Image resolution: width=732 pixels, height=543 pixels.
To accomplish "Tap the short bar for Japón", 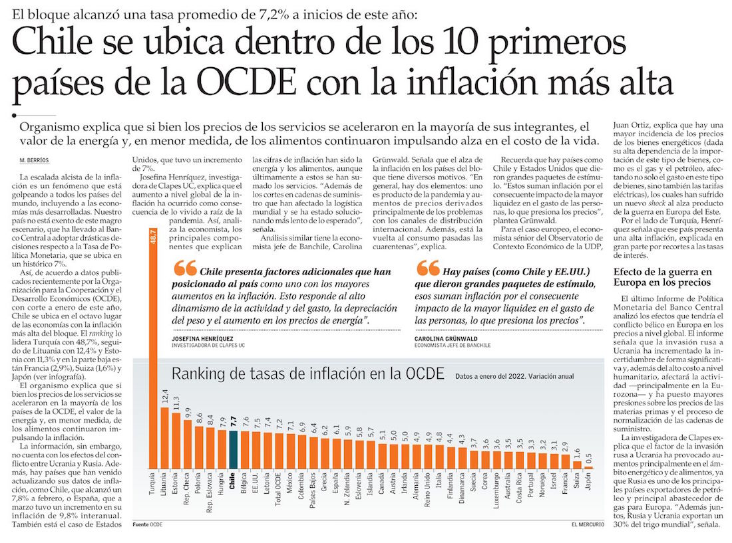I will (x=588, y=468).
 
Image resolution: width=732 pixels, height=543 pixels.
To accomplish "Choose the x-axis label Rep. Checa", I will (x=188, y=490).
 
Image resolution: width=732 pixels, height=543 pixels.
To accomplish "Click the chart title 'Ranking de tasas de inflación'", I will (x=307, y=374).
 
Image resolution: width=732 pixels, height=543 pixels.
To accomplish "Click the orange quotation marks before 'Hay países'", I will (x=426, y=269).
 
